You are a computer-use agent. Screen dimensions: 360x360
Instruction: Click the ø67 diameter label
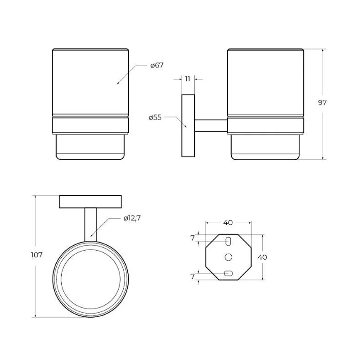(157, 65)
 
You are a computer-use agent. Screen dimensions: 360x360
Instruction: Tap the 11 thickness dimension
(188, 79)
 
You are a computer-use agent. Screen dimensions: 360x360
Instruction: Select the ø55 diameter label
(155, 117)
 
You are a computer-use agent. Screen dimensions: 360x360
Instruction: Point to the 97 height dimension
(322, 103)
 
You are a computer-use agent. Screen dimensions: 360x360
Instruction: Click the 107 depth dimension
(37, 255)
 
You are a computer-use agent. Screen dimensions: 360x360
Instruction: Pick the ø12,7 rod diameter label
(132, 218)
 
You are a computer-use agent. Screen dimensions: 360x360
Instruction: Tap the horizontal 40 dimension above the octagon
(228, 222)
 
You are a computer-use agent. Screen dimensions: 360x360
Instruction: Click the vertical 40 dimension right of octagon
(262, 257)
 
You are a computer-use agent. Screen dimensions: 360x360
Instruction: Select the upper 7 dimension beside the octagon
(193, 238)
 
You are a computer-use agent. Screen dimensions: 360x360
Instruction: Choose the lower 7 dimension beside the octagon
(193, 276)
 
